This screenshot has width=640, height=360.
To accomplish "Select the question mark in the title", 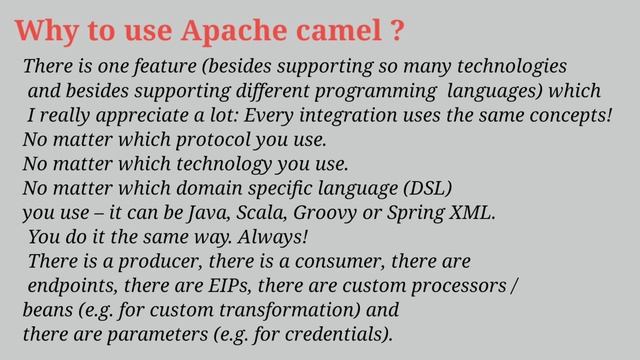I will pyautogui.click(x=397, y=31).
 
